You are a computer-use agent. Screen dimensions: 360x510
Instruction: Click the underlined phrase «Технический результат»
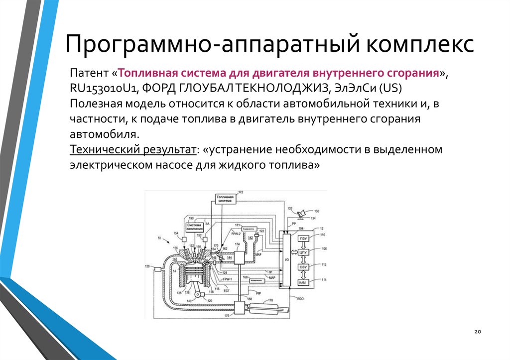pyautogui.click(x=133, y=149)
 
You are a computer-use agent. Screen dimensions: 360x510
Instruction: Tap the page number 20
pyautogui.click(x=477, y=332)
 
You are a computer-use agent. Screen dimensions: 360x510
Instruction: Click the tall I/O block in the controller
pyautogui.click(x=286, y=259)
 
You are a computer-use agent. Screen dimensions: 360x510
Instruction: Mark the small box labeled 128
pyautogui.click(x=157, y=269)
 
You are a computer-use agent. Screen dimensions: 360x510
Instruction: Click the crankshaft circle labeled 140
pyautogui.click(x=199, y=295)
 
